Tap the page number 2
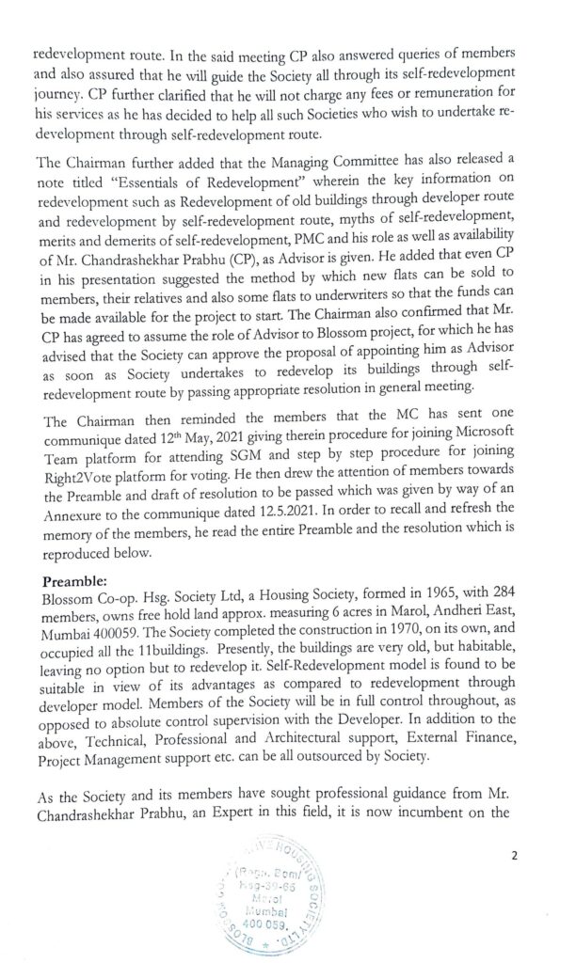(514, 855)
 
